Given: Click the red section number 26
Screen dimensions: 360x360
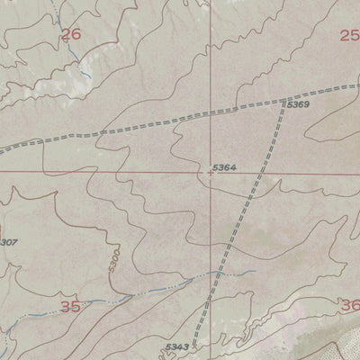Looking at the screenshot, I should [71, 35].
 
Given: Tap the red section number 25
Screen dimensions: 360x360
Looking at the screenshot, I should [349, 35].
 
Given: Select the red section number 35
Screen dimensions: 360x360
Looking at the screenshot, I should [71, 307].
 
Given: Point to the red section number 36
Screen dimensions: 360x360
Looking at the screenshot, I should [350, 306].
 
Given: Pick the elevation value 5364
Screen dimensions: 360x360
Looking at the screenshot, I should [225, 167].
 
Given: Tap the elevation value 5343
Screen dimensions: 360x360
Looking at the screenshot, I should [177, 346].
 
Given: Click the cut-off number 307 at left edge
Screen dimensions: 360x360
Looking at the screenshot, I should [8, 241].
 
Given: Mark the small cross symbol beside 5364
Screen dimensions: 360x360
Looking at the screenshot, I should [211, 173].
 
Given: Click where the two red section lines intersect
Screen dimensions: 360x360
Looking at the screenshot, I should [211, 172].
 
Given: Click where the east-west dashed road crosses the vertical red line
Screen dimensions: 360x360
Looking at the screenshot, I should [211, 110].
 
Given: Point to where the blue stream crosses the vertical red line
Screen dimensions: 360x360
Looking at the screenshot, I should [211, 276].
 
